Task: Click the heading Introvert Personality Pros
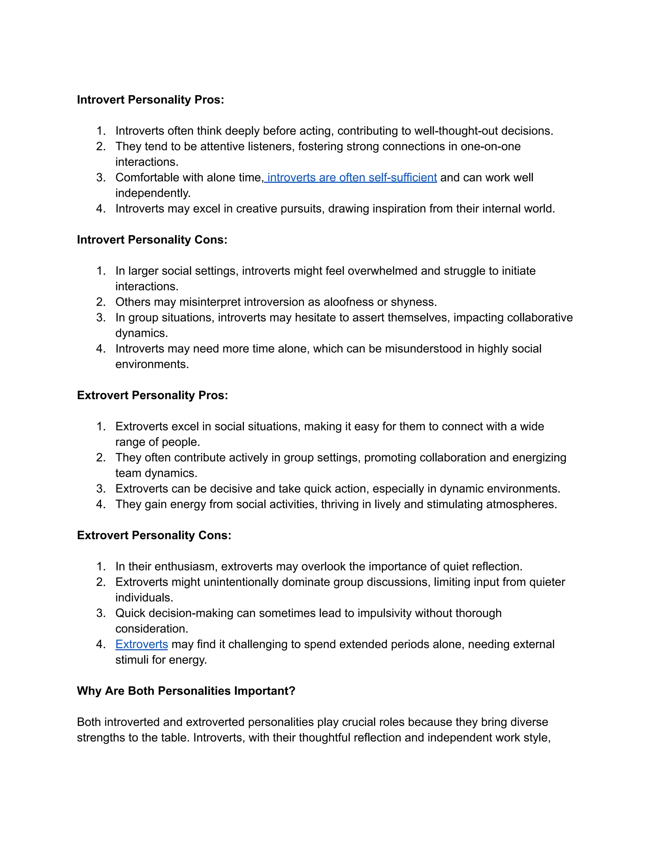click(x=150, y=100)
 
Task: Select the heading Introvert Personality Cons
click(x=152, y=240)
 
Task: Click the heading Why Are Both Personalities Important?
click(x=186, y=691)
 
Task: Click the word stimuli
click(x=133, y=660)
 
